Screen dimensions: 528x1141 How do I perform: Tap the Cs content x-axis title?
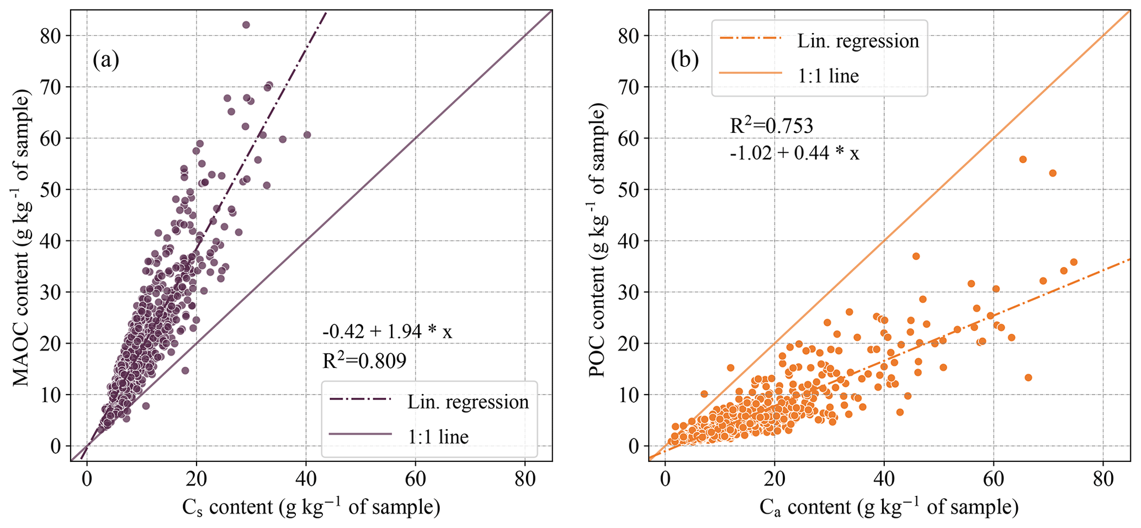311,506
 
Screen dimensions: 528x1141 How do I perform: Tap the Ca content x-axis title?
889,506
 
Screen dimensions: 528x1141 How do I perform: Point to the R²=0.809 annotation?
364,361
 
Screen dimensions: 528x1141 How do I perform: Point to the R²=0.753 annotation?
771,126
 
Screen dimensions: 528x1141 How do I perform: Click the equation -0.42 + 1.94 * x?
387,332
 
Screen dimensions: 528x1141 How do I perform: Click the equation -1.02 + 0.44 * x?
794,153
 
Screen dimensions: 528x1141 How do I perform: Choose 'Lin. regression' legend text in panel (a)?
468,402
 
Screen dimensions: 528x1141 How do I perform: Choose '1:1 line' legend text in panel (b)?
828,76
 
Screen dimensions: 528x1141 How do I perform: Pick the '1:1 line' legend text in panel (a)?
438,437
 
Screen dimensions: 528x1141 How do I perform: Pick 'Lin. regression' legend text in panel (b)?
858,41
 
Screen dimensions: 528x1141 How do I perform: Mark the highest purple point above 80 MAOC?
246,25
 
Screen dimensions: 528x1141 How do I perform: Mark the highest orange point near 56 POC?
1022,159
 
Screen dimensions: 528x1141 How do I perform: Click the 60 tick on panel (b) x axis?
993,479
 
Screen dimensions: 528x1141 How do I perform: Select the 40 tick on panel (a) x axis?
305,479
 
